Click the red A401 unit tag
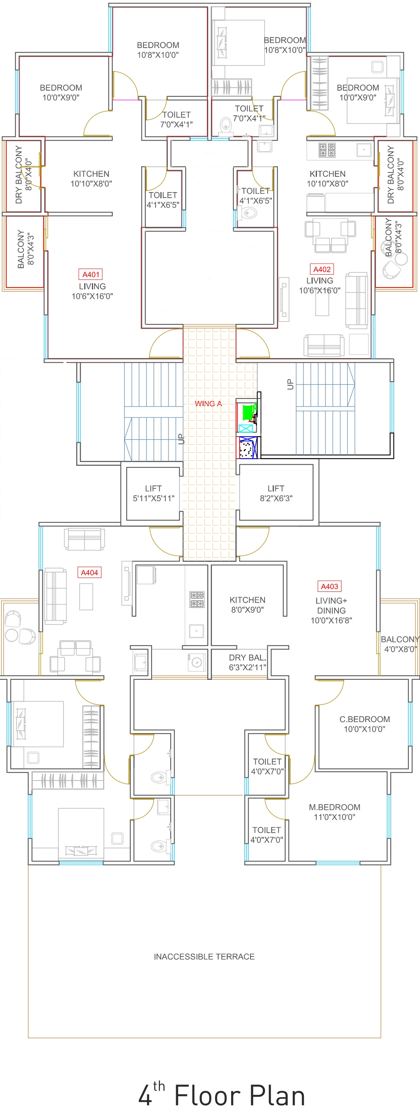(91, 274)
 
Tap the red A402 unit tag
(322, 269)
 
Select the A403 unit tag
(329, 586)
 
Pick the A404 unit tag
(90, 572)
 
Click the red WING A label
(208, 404)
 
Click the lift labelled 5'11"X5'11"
(153, 493)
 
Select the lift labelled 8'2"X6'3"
(276, 493)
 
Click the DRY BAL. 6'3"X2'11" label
(247, 663)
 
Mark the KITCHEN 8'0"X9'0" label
(247, 605)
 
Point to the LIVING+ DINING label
(332, 606)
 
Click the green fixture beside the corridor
(249, 412)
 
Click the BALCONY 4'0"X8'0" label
(400, 644)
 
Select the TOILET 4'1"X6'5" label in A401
(163, 200)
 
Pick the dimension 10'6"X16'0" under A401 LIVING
(92, 296)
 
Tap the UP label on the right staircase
(290, 384)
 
